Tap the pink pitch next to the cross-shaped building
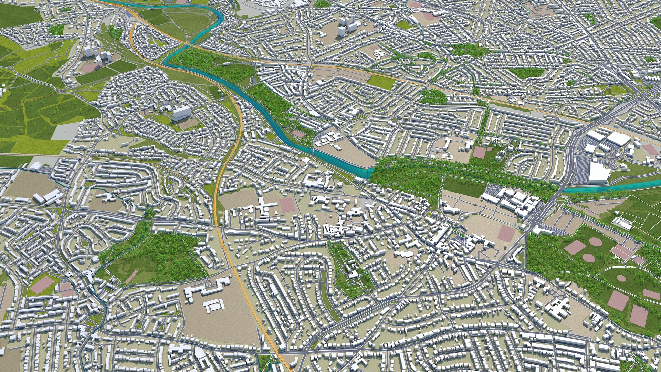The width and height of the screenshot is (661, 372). pyautogui.click(x=287, y=205)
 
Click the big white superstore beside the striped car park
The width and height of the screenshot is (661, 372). pyautogui.click(x=599, y=172)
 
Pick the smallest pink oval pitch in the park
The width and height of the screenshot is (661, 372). pyautogui.click(x=621, y=278)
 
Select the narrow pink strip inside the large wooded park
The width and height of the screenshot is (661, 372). pyautogui.click(x=132, y=277)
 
